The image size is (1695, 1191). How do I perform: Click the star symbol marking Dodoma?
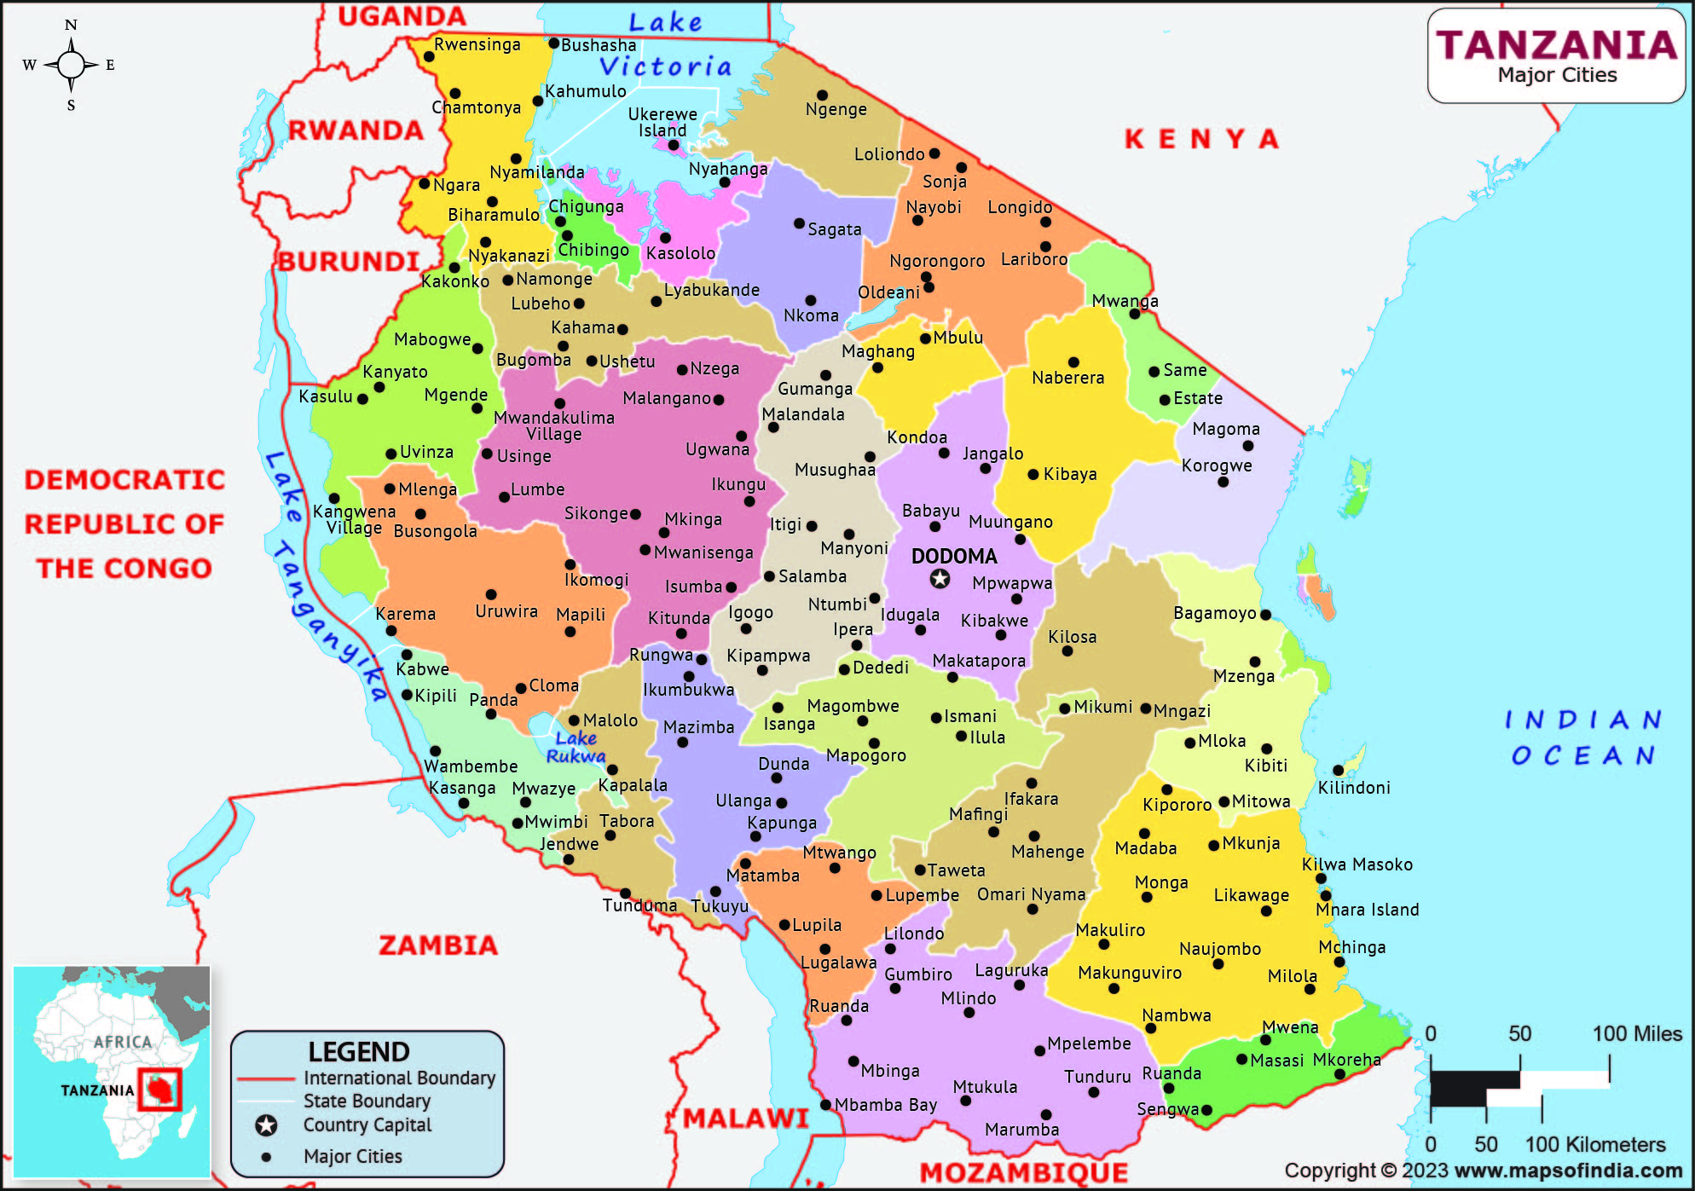(940, 579)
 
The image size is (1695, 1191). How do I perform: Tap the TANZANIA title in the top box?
(1556, 45)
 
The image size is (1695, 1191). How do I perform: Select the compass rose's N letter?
(71, 25)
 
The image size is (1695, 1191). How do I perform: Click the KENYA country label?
(1201, 138)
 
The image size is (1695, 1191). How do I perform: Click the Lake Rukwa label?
(576, 747)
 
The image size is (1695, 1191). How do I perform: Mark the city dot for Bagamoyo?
(1265, 615)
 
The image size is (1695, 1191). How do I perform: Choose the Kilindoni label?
(1354, 788)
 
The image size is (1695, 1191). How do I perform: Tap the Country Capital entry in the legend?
(367, 1125)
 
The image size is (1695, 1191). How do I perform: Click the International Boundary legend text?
(399, 1078)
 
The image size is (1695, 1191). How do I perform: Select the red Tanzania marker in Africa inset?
(159, 1089)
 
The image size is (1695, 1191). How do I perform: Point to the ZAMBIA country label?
(437, 945)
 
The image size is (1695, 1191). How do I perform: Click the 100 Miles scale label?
(1636, 1033)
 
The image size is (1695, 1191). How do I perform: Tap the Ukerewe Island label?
(662, 122)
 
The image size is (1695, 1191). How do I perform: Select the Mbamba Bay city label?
(885, 1105)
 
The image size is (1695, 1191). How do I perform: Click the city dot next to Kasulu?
(362, 398)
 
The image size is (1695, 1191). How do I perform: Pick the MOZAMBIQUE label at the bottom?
(1023, 1172)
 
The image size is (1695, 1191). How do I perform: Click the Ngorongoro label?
(937, 261)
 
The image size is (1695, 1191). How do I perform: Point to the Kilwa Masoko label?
(1357, 864)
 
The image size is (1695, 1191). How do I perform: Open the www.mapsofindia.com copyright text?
(1567, 1171)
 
